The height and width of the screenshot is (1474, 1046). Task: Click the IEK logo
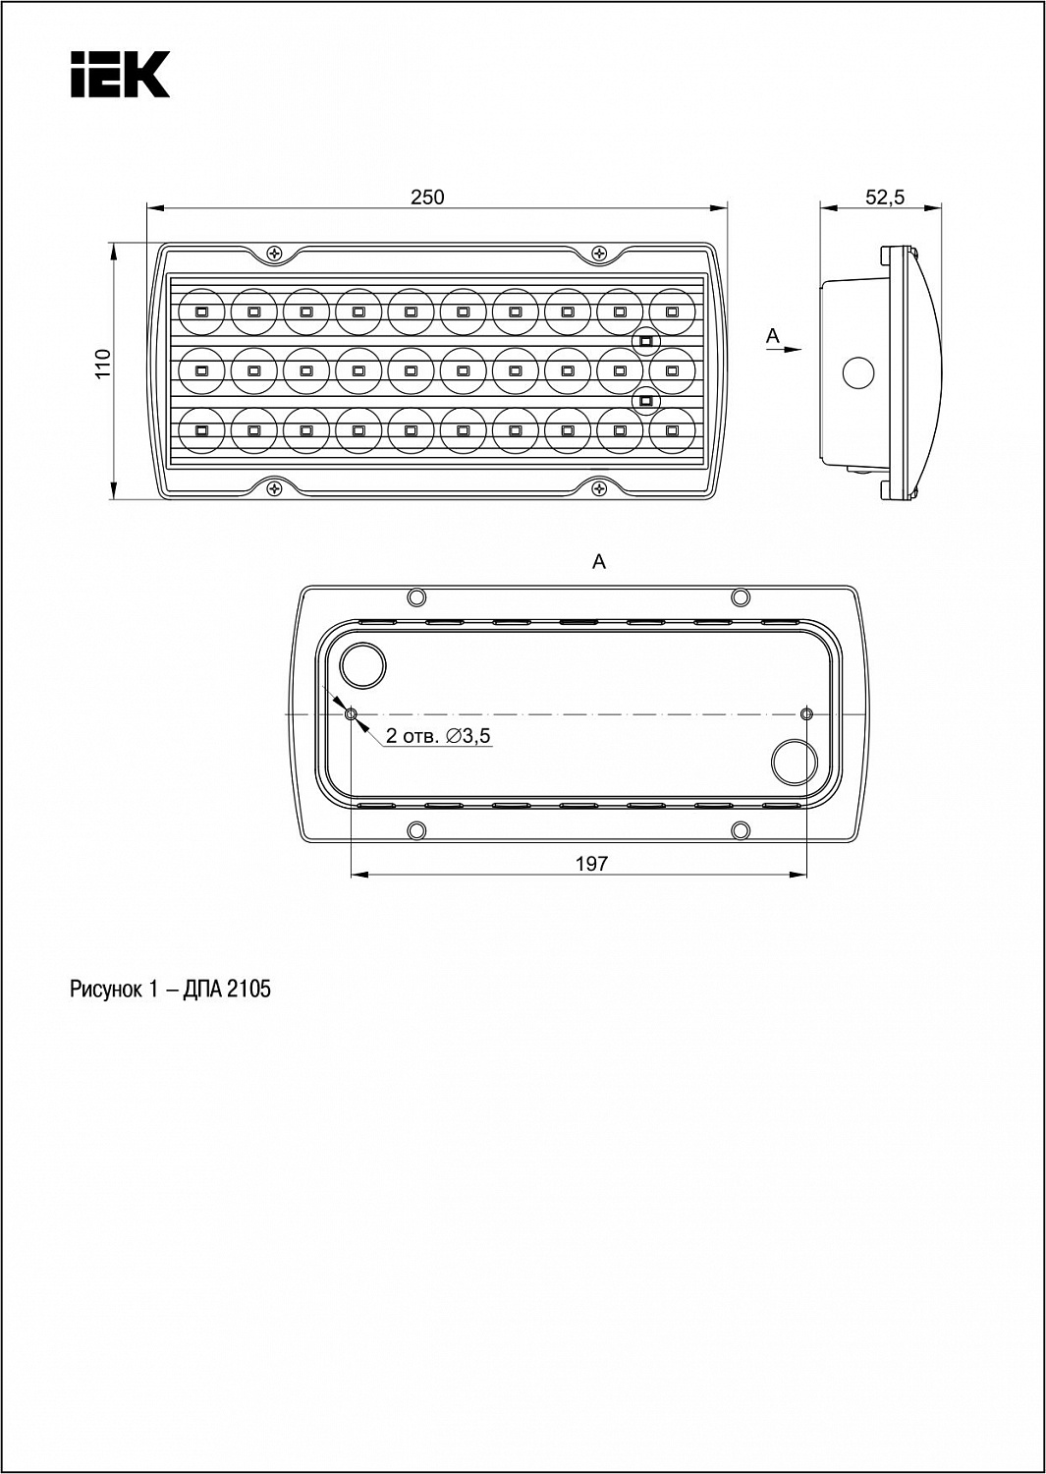click(120, 75)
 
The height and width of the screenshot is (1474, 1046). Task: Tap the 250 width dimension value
click(427, 197)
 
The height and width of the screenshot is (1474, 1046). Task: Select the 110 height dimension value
click(103, 364)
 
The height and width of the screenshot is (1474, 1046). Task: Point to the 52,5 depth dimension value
click(885, 197)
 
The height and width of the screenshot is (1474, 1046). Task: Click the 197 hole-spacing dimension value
click(592, 864)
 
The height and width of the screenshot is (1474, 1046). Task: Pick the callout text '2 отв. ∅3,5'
click(438, 736)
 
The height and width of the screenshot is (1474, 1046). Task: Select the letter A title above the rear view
click(599, 561)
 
